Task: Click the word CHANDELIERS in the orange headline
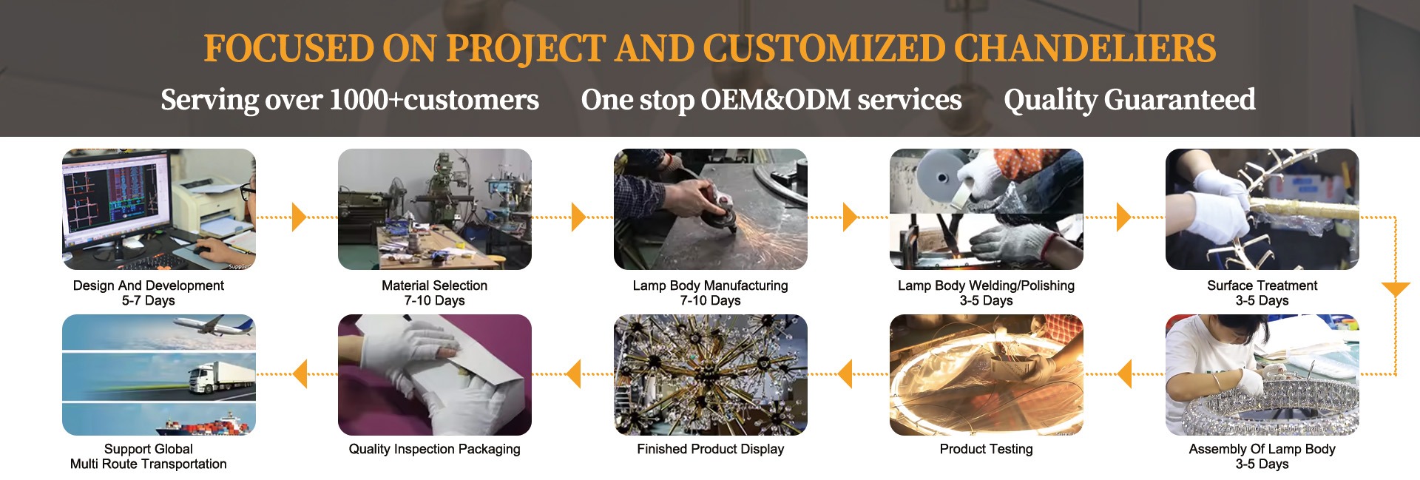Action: click(x=1084, y=49)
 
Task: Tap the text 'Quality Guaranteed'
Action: click(x=1129, y=100)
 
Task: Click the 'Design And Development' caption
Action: click(x=148, y=285)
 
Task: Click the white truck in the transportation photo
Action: click(x=215, y=378)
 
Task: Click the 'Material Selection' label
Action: click(x=434, y=285)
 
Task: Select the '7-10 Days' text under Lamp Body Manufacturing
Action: click(x=710, y=301)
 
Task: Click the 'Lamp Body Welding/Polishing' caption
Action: click(x=986, y=285)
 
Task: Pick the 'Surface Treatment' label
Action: click(x=1262, y=285)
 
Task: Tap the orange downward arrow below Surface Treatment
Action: click(x=1396, y=289)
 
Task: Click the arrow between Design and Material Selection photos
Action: click(x=300, y=217)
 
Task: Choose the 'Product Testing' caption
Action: click(x=986, y=449)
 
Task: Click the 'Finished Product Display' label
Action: click(x=710, y=449)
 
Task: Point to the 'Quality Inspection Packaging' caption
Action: click(x=434, y=449)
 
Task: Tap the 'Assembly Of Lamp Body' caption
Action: click(x=1262, y=449)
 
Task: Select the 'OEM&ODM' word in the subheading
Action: click(x=776, y=100)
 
